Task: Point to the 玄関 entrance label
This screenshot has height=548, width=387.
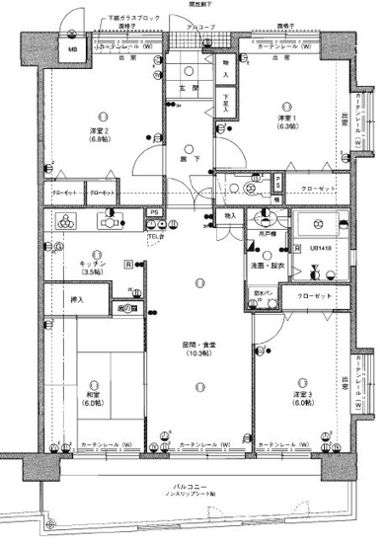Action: [185, 89]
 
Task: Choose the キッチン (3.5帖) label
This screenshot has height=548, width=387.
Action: [94, 268]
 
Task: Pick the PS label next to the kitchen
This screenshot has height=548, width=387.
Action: [154, 212]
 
